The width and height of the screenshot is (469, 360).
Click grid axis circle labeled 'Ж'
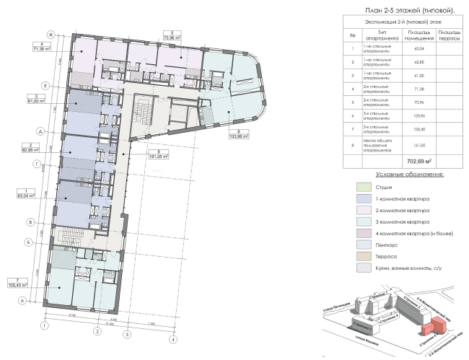[51, 35]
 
